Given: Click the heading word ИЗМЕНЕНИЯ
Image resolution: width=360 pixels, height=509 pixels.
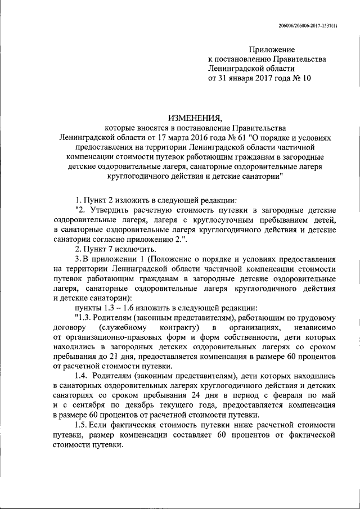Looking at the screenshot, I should (x=195, y=118).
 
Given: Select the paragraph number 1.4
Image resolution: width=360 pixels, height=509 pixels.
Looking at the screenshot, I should (x=81, y=376).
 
